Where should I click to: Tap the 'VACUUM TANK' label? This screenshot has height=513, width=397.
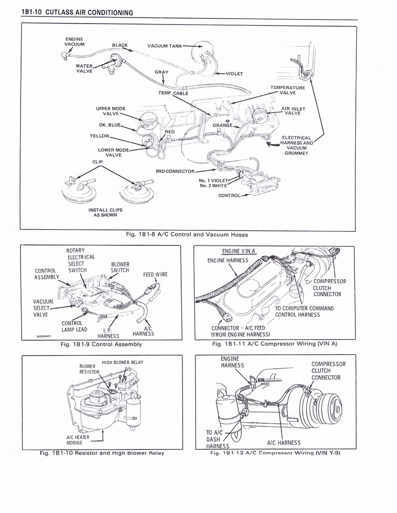(x=165, y=46)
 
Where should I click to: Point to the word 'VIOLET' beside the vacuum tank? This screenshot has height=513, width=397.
(x=234, y=74)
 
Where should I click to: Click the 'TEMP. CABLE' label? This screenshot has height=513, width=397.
(x=173, y=93)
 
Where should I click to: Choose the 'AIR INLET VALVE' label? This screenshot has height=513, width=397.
(x=293, y=111)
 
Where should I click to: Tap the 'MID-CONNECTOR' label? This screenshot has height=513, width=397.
(x=175, y=171)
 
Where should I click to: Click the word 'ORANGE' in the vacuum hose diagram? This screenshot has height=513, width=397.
(x=222, y=125)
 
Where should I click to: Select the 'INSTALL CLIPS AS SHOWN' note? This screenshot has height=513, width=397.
(x=105, y=212)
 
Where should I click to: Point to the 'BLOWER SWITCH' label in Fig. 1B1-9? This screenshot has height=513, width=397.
(x=120, y=268)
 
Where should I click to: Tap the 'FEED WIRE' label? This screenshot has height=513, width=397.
(x=155, y=275)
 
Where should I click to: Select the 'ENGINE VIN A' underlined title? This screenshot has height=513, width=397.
(x=238, y=251)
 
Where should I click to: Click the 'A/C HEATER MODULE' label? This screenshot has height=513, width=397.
(x=78, y=440)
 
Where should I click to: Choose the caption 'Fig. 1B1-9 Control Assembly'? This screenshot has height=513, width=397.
(x=101, y=344)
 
